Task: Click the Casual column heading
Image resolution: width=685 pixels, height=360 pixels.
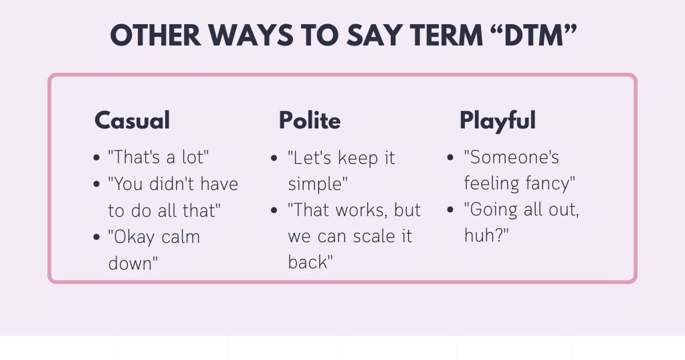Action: pos(132,120)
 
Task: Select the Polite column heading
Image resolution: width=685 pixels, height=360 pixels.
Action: pos(310,120)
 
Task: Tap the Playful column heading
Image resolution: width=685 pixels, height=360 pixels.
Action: pos(497,120)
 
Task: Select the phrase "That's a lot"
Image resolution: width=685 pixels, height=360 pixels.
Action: pos(159,158)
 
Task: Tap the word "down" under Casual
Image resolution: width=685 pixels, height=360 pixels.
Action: pos(131,263)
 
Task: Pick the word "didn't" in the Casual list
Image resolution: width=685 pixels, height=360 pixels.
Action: pos(169,184)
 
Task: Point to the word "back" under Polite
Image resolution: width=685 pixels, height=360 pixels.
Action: pos(309,262)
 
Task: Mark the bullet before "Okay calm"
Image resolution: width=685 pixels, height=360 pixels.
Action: pos(98,238)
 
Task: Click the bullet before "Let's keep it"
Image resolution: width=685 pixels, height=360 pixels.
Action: pos(274,159)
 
